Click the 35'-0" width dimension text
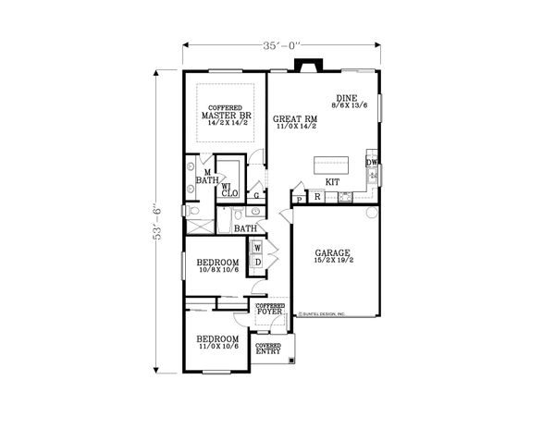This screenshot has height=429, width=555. coord(281,44)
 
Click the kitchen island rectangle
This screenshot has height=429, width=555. coord(337,165)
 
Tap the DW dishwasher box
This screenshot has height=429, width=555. coord(371,164)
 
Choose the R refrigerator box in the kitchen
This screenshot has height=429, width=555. coord(317,197)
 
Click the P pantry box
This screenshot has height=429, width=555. coord(300,198)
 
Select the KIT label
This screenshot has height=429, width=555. coord(332,182)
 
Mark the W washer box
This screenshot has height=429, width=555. coord(256,248)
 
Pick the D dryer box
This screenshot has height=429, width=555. coord(256,262)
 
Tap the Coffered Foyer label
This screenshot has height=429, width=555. coord(270,310)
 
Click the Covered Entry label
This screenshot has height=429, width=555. coord(269,349)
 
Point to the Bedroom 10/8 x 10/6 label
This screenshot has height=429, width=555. coord(218,265)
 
